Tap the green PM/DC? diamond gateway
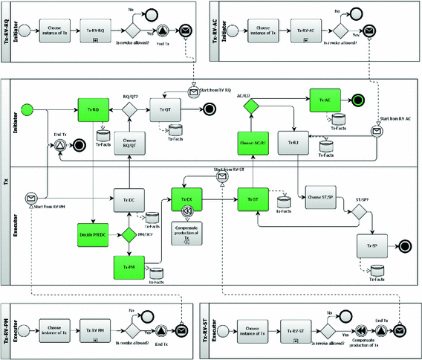point(129,235)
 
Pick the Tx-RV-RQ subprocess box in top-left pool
point(94,30)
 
